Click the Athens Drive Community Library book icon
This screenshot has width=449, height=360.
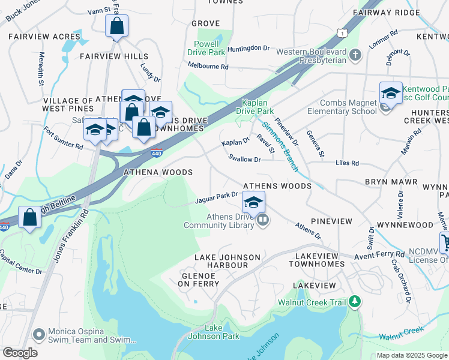coord(262,221)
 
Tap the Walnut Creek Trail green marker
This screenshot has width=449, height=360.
coord(355,301)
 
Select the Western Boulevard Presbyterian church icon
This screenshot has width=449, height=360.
coord(355,56)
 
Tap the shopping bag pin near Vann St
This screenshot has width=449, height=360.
coord(116,26)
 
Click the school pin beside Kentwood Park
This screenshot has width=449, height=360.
coord(391,94)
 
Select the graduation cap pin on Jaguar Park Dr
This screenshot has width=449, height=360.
coord(254,202)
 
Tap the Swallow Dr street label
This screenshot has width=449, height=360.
coord(244,160)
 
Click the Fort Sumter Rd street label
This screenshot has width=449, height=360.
coord(62,137)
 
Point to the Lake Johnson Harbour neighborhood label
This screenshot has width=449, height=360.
coord(227,261)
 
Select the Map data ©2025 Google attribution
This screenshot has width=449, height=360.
coord(411,355)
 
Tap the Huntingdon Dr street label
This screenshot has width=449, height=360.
coord(253,48)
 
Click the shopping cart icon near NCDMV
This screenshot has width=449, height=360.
coord(445,243)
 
